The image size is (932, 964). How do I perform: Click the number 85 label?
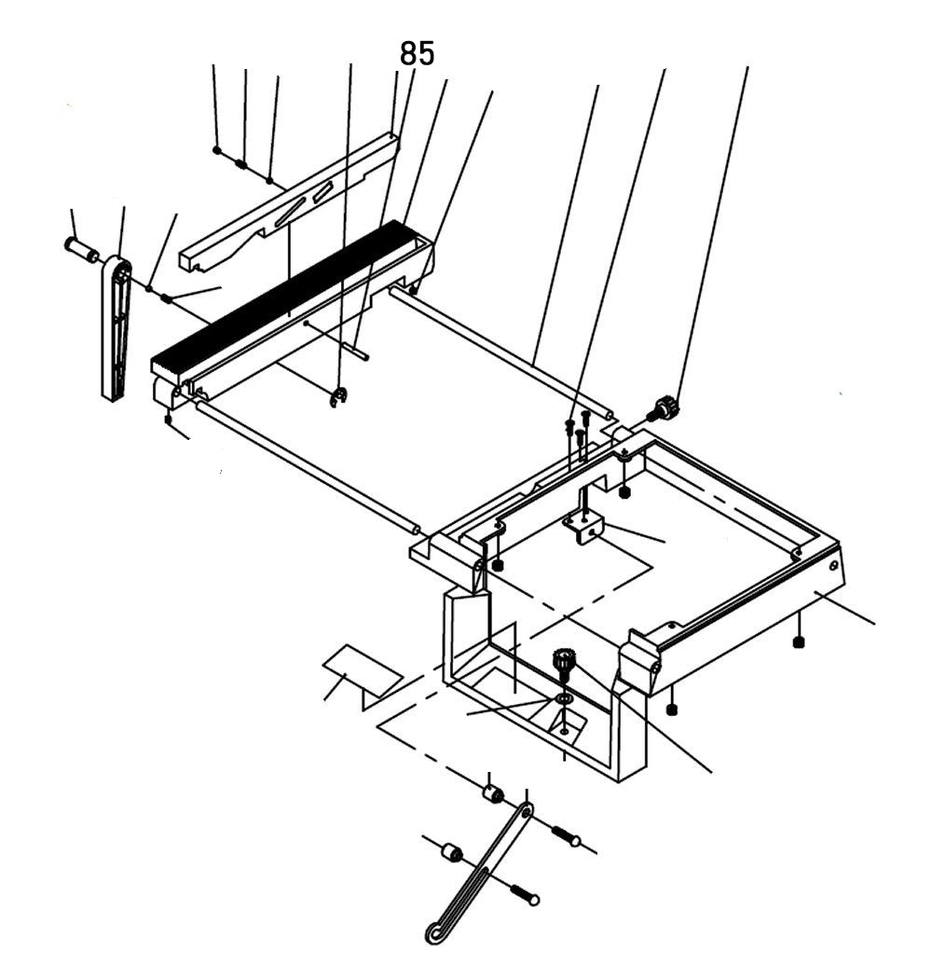417,54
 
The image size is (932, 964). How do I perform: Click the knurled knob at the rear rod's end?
665,407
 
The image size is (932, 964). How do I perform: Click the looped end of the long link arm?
436,929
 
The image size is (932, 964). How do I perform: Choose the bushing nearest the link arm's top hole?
492,794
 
